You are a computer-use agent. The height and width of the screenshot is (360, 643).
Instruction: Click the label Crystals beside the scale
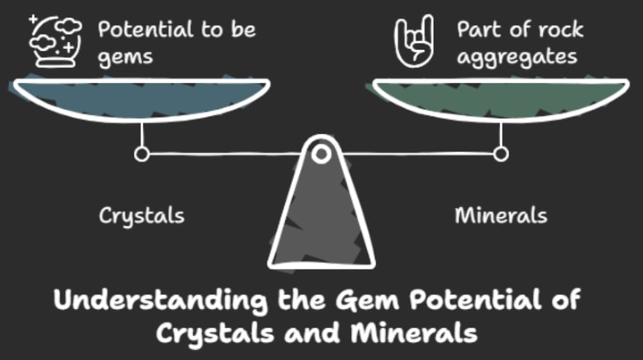click(x=141, y=216)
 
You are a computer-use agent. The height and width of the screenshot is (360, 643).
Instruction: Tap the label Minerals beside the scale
click(x=501, y=216)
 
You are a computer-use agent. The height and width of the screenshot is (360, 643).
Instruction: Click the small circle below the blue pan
click(x=141, y=155)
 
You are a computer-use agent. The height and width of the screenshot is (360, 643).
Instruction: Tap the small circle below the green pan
click(x=501, y=155)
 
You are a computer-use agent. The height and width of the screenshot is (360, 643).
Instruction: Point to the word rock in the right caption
click(x=559, y=29)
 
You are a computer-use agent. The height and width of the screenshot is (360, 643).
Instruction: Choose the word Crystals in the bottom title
click(x=207, y=332)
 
